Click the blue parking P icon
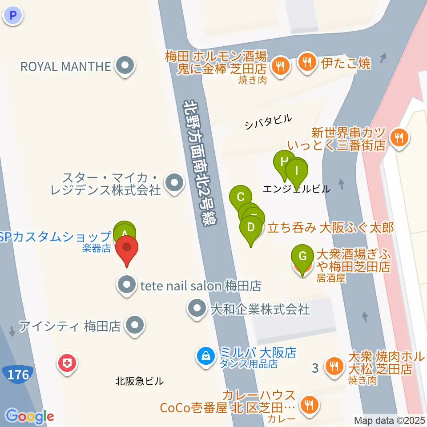click(x=13, y=16)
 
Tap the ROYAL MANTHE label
click(x=65, y=67)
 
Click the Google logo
click(x=30, y=416)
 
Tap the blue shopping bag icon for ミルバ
click(x=206, y=355)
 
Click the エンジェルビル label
click(x=297, y=189)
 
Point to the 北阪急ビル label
click(x=139, y=381)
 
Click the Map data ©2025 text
click(x=390, y=420)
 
